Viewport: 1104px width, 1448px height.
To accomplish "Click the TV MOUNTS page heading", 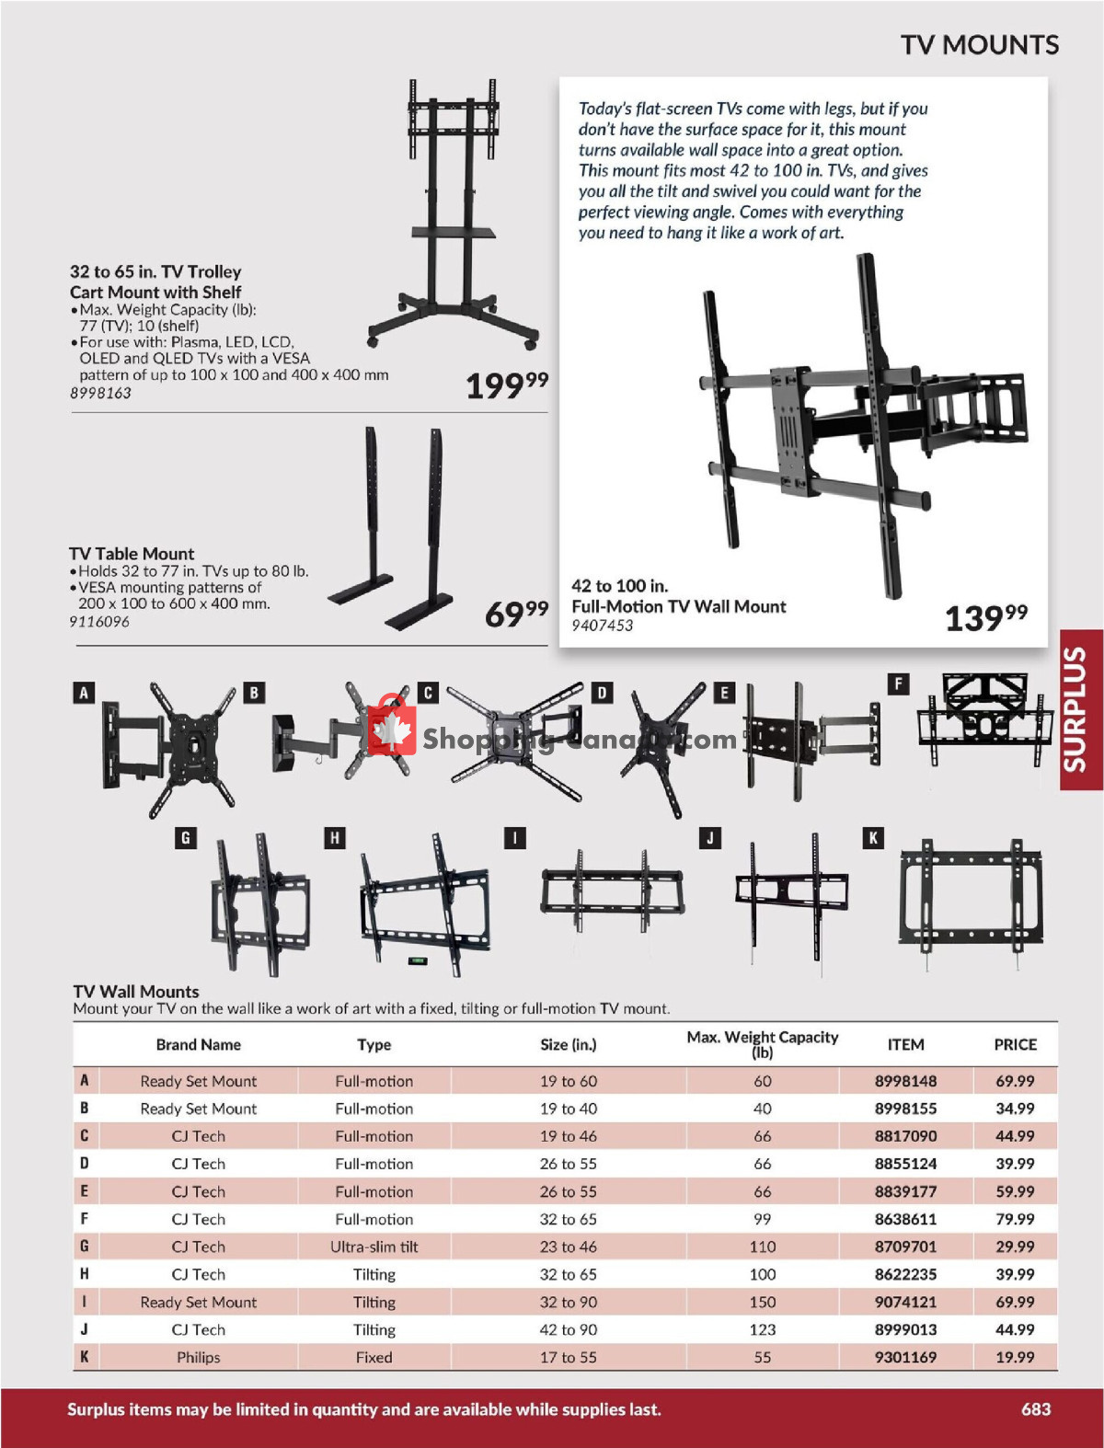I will tap(979, 44).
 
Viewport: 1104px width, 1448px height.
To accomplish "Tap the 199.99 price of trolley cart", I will tap(506, 385).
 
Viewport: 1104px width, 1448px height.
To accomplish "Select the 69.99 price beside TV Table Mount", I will tap(516, 614).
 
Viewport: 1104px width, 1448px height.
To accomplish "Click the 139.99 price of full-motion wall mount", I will tap(985, 617).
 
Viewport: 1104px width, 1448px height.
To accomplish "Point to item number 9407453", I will tap(602, 626).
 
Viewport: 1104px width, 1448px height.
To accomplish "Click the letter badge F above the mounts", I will tap(898, 684).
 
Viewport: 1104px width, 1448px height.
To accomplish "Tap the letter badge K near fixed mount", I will tap(873, 837).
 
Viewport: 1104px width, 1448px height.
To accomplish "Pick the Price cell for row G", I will tap(1014, 1247).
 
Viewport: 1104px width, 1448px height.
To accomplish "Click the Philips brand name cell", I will tap(199, 1357).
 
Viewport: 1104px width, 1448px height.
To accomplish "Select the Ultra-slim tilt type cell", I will tap(374, 1247).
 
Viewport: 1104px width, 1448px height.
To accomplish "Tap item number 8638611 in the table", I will tap(905, 1219).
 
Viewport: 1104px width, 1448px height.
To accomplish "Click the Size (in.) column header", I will tap(568, 1044).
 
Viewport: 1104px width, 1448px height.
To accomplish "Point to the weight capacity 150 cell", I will tap(762, 1302).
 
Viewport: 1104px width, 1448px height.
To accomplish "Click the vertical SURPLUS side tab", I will tap(1080, 709).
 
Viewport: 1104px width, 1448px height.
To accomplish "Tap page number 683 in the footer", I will tap(1035, 1408).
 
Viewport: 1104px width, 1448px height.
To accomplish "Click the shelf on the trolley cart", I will tap(441, 232).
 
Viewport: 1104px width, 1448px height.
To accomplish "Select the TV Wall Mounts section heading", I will tap(136, 991).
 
